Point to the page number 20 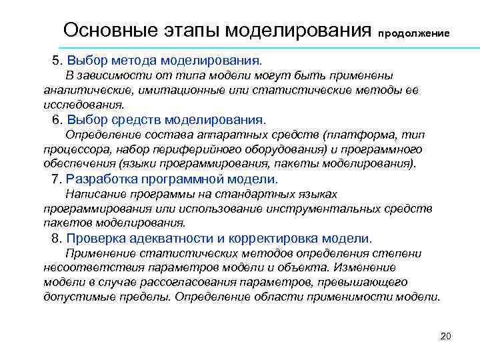(x=446, y=335)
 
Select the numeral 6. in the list (x=57, y=120)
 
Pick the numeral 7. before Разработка (x=57, y=179)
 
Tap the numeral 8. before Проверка (x=57, y=239)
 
